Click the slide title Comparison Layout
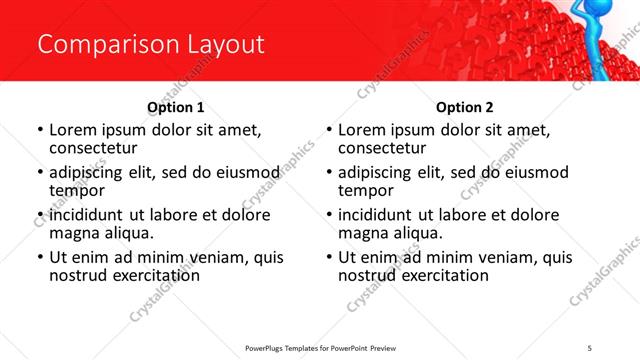[150, 45]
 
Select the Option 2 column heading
[464, 107]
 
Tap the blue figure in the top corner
[619, 40]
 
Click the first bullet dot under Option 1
[40, 130]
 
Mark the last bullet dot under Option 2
[329, 257]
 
